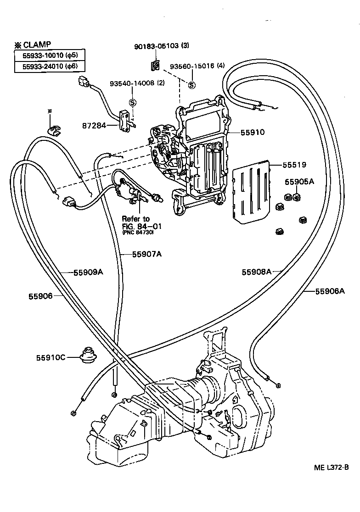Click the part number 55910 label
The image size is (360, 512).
[x=252, y=132]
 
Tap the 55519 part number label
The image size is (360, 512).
[x=294, y=164]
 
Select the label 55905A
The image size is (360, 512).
[x=298, y=182]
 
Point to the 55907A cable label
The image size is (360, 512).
[x=147, y=254]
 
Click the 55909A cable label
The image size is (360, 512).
[x=88, y=272]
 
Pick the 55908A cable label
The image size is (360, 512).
[x=257, y=272]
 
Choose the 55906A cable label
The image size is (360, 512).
[x=330, y=291]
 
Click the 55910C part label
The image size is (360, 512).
[x=51, y=357]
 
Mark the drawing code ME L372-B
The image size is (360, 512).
[x=331, y=467]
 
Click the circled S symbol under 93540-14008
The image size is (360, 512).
[x=132, y=102]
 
